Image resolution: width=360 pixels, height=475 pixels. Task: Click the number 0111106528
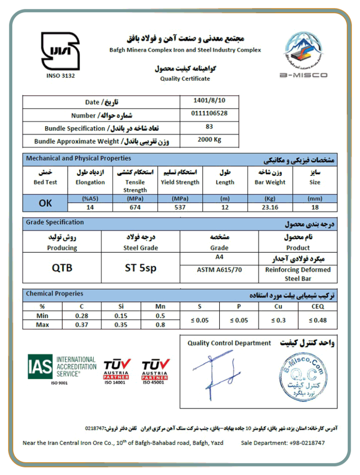click(209, 114)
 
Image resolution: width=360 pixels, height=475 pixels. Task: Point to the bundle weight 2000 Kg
click(209, 140)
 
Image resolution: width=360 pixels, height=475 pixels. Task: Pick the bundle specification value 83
click(209, 127)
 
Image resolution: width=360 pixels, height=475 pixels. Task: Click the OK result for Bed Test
click(45, 203)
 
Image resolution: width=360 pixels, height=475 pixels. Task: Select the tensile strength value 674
click(135, 207)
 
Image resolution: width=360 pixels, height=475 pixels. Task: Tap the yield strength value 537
click(180, 207)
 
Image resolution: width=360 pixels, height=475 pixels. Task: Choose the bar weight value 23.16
click(270, 207)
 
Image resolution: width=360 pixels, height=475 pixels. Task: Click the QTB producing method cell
click(62, 268)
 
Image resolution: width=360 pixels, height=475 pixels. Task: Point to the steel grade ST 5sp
click(141, 268)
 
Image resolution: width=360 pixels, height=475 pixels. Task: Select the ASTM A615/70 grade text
click(219, 270)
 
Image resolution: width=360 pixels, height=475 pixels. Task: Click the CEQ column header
click(317, 307)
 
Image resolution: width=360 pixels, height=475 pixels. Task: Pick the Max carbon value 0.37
click(82, 324)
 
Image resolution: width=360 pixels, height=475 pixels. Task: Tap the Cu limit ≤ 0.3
click(278, 320)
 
